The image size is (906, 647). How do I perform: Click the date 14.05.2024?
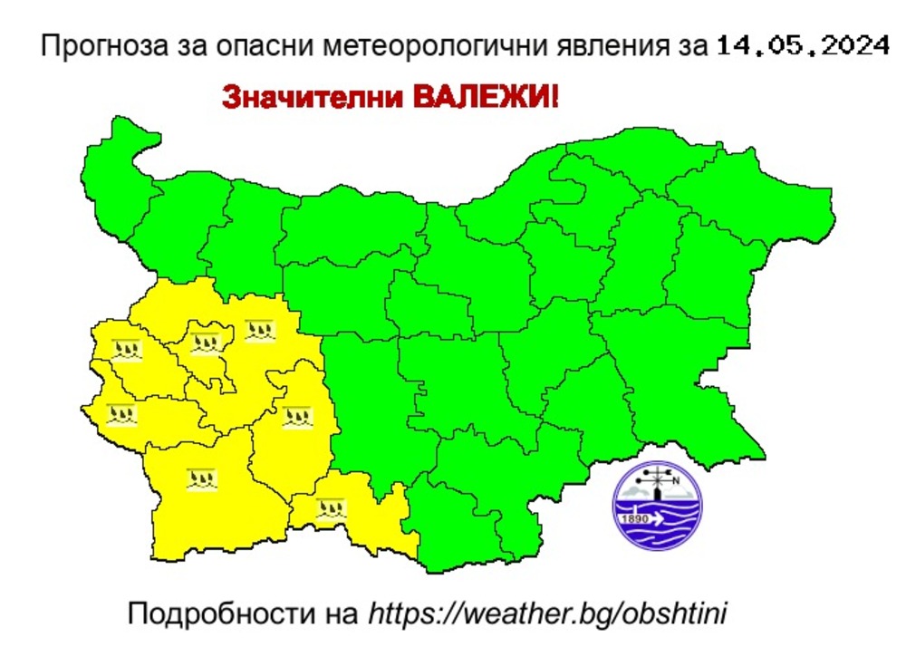(x=801, y=45)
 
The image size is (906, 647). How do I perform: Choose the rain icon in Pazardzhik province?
(x=295, y=418)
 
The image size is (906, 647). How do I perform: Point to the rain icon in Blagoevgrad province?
(x=202, y=478)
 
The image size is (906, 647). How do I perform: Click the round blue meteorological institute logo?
(x=657, y=506)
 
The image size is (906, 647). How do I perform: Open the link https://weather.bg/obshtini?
(x=548, y=613)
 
